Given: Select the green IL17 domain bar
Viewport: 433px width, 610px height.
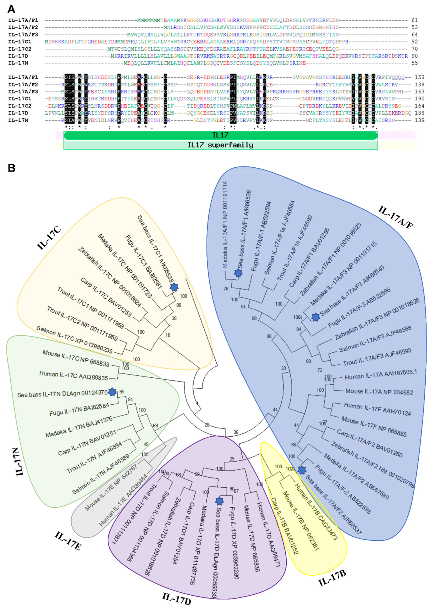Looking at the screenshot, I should (x=221, y=135).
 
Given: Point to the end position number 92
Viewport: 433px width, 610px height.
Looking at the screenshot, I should (x=415, y=41).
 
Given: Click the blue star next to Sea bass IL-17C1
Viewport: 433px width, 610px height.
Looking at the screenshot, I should (x=174, y=287).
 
